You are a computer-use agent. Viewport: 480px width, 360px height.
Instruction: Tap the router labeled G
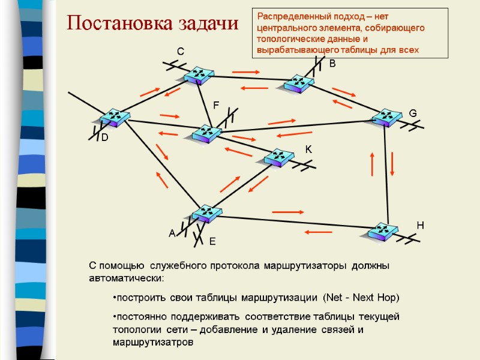click(386, 118)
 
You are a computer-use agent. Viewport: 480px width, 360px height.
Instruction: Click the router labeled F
click(206, 134)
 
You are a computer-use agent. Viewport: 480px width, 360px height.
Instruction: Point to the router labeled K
click(278, 157)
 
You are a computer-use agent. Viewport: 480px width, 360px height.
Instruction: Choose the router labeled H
click(381, 232)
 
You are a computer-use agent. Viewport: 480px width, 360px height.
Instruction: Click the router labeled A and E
click(207, 214)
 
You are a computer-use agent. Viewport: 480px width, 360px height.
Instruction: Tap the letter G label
click(412, 113)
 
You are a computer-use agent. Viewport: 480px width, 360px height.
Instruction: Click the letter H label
click(420, 225)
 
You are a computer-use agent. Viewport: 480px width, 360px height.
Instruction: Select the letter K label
click(308, 149)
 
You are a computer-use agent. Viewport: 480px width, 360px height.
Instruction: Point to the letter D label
click(104, 138)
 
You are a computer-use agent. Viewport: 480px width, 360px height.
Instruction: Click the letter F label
click(217, 106)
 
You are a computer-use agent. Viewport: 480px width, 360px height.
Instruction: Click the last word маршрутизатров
click(153, 343)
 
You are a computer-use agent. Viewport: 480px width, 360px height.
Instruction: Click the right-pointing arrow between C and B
click(245, 73)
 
